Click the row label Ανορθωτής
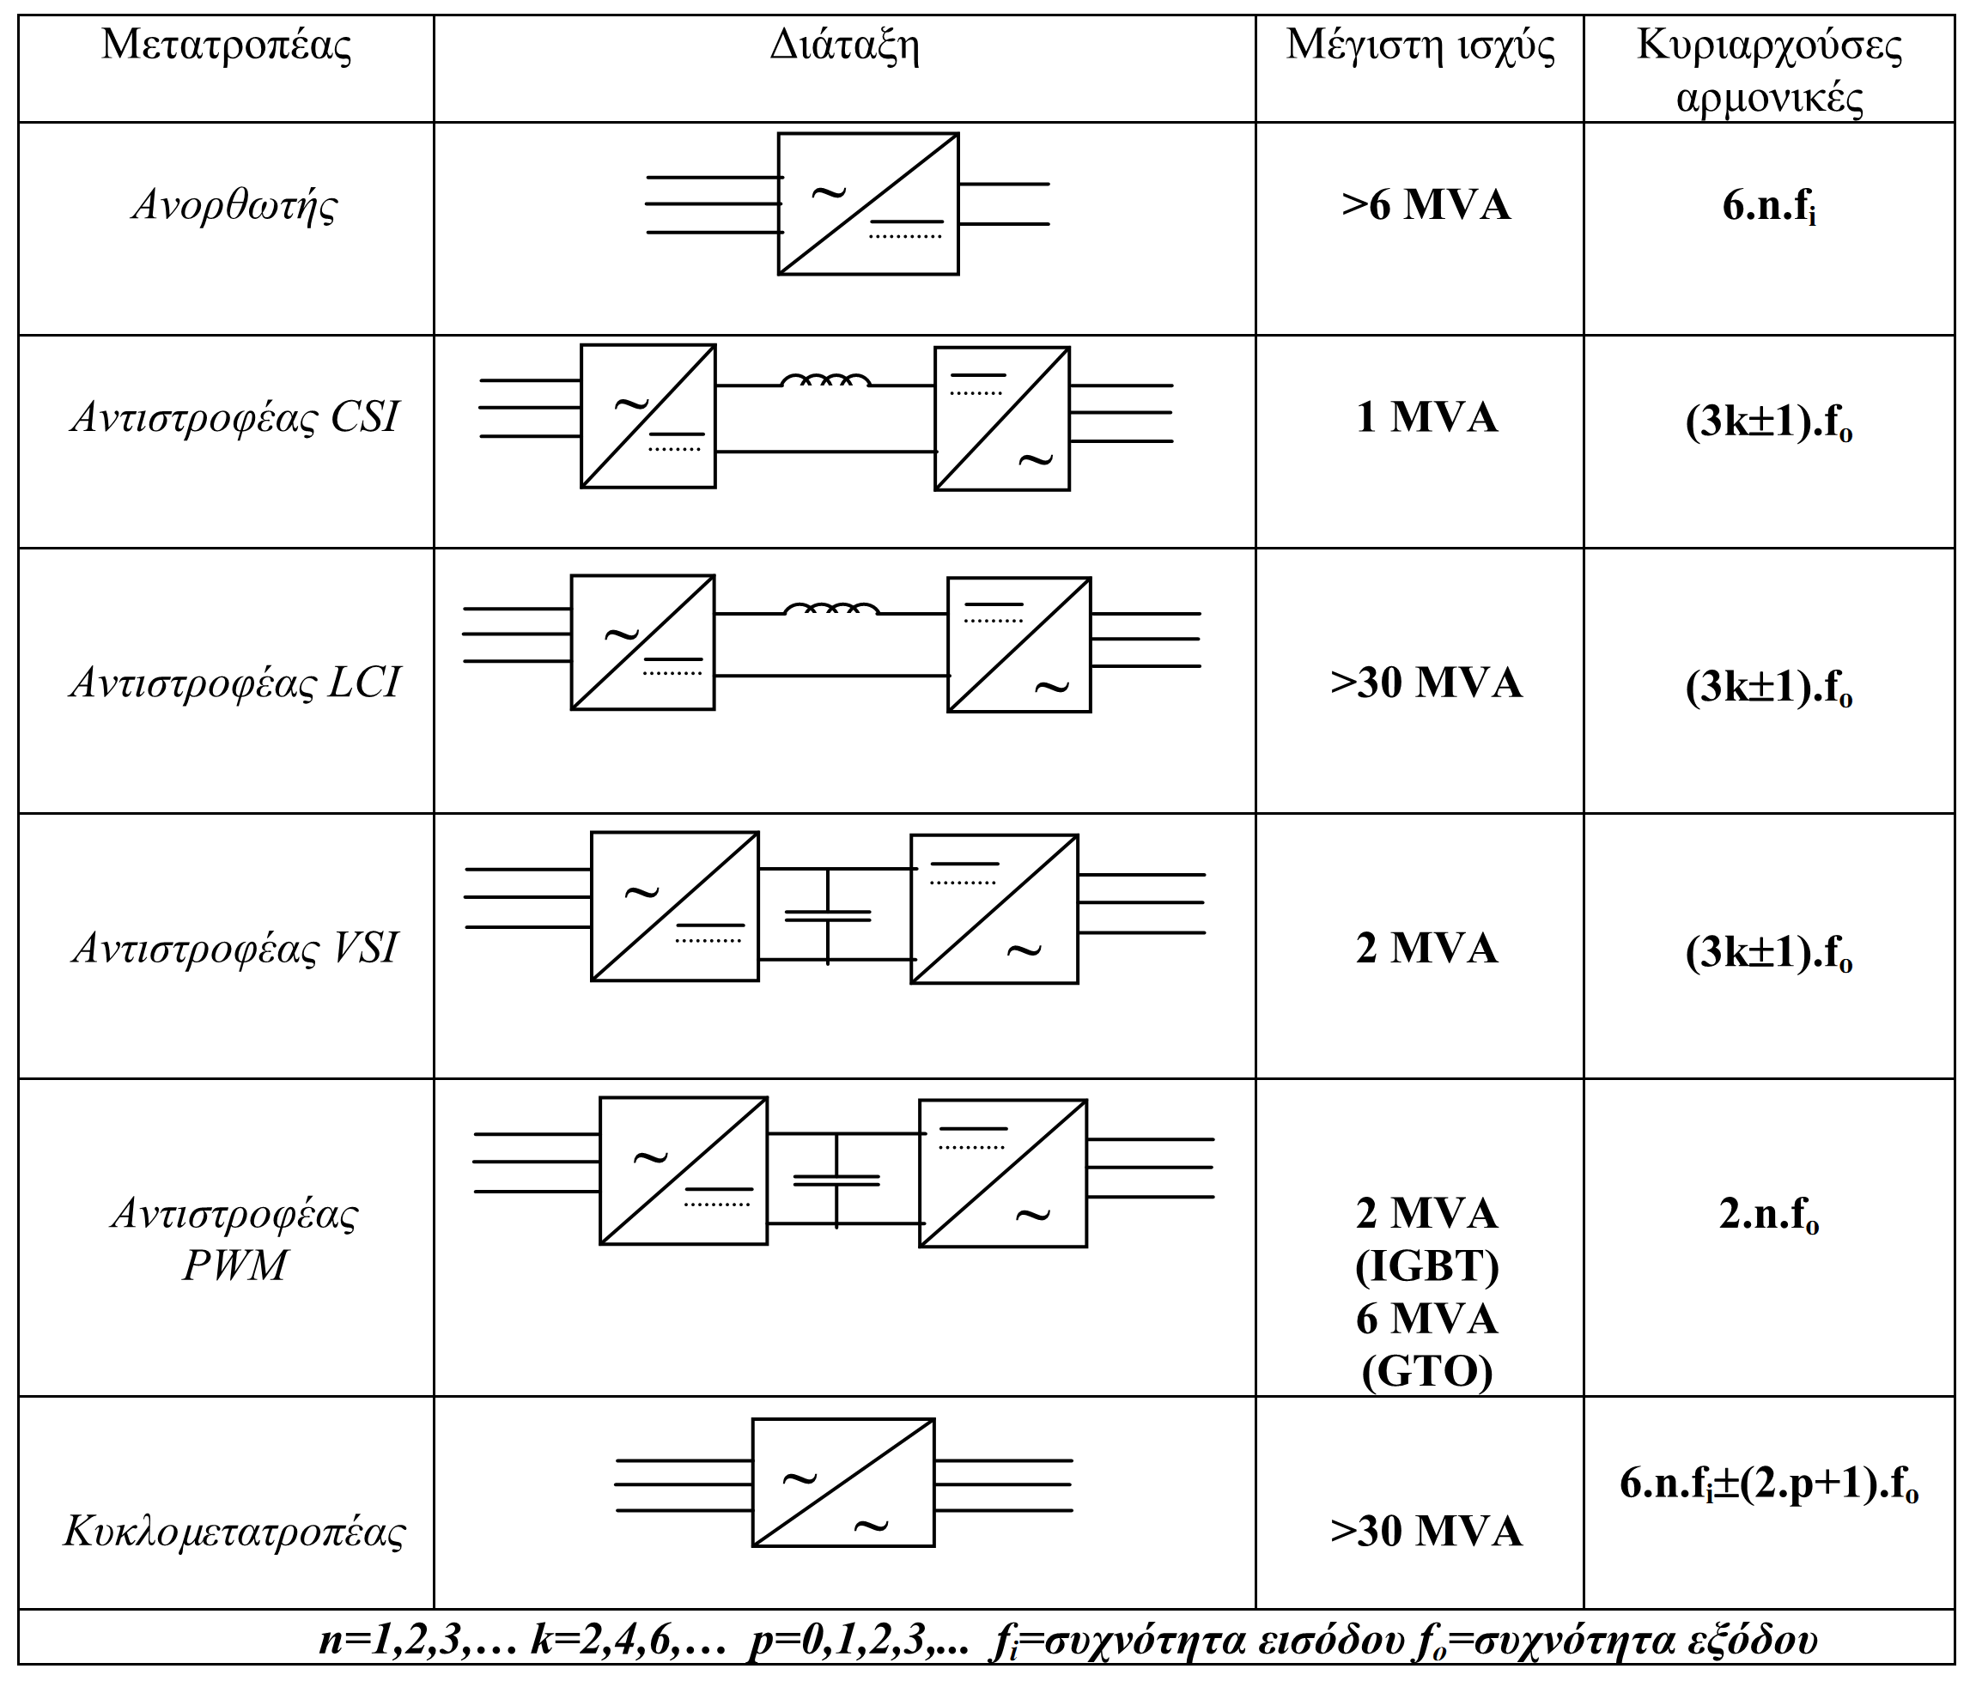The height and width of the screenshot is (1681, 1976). pos(234,205)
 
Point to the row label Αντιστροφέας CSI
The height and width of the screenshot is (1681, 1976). pos(234,417)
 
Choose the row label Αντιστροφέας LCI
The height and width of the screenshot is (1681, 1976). pos(234,683)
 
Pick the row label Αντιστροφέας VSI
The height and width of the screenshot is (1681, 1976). pos(234,948)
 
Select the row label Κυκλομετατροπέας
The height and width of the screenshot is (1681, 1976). pos(234,1532)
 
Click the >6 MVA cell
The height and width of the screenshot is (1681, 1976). pos(1426,205)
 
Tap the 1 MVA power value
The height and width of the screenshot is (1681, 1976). pos(1427,417)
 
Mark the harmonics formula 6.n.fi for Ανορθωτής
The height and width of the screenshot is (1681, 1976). pos(1769,207)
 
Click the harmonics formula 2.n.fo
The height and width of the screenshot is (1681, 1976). pos(1769,1215)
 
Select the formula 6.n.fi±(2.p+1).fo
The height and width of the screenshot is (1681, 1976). pos(1769,1484)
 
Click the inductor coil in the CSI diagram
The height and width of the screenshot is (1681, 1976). pos(825,380)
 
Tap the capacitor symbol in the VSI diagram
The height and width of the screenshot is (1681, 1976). pos(827,916)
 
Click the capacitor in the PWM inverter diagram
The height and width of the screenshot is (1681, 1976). pos(836,1180)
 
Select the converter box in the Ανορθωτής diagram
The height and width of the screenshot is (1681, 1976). pos(868,204)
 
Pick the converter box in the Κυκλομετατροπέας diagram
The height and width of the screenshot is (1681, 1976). pos(843,1483)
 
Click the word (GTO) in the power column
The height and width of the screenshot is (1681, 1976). pos(1427,1372)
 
